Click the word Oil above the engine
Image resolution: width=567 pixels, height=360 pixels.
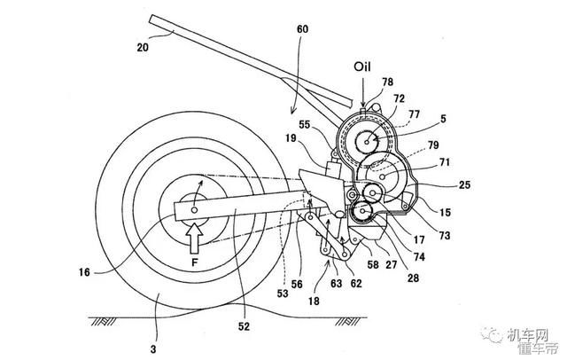[362, 67]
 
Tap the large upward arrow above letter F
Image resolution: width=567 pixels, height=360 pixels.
[194, 238]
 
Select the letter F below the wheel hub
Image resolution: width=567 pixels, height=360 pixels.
[195, 262]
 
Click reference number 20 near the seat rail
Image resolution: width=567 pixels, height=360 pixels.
[143, 47]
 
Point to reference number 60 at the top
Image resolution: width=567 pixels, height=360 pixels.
[302, 28]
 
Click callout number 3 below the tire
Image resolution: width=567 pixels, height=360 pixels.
[153, 349]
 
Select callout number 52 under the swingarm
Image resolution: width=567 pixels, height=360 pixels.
[245, 326]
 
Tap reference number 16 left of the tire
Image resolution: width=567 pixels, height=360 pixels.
[84, 271]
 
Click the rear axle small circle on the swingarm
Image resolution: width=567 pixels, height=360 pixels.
[195, 210]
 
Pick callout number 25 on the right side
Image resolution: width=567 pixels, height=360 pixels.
[464, 185]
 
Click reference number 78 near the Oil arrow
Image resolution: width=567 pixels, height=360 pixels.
[387, 82]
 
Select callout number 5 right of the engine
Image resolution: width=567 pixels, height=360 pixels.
[443, 119]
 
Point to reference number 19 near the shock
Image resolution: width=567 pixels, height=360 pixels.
[291, 138]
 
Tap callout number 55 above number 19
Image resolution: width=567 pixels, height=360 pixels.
[305, 124]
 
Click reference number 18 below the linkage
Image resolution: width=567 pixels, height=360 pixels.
[314, 301]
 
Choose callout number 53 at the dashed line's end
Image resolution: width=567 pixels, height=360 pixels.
[283, 293]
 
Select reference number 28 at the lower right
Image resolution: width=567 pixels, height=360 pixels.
[413, 278]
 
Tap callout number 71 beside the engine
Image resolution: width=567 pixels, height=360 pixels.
[445, 161]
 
